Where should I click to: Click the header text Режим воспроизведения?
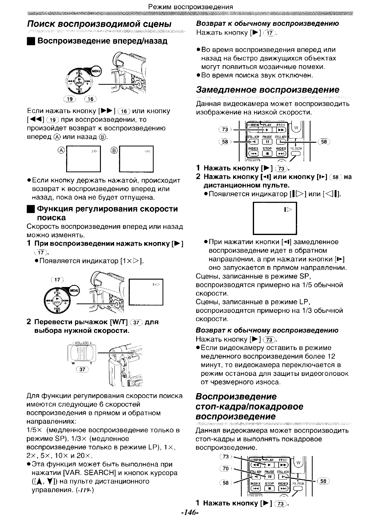click(190, 6)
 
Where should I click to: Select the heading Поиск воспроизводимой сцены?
click(99, 24)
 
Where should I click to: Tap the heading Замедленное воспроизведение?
click(268, 90)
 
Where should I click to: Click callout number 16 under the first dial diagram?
click(90, 99)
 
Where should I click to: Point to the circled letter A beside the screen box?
click(62, 150)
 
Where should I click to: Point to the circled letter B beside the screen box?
click(114, 150)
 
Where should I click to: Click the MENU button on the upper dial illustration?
click(97, 71)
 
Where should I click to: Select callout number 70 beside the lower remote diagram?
click(226, 469)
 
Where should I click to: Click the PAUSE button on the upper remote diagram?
click(267, 141)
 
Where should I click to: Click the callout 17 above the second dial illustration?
click(57, 280)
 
